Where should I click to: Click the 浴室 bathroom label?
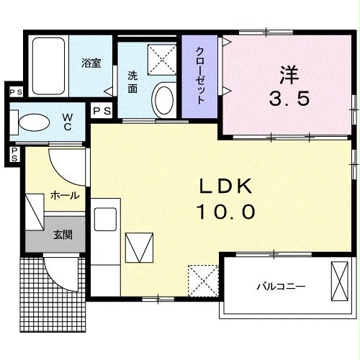pos(91,63)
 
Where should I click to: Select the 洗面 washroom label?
pos(133,82)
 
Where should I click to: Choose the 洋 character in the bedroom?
pos(289,74)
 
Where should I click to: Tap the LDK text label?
pos(226,187)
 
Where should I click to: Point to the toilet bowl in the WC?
pos(32,123)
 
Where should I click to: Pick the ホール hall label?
pos(64,195)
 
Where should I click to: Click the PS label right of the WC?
pos(102,110)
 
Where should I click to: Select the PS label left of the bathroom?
pos(14,92)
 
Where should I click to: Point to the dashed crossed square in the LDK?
pos(203,277)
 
